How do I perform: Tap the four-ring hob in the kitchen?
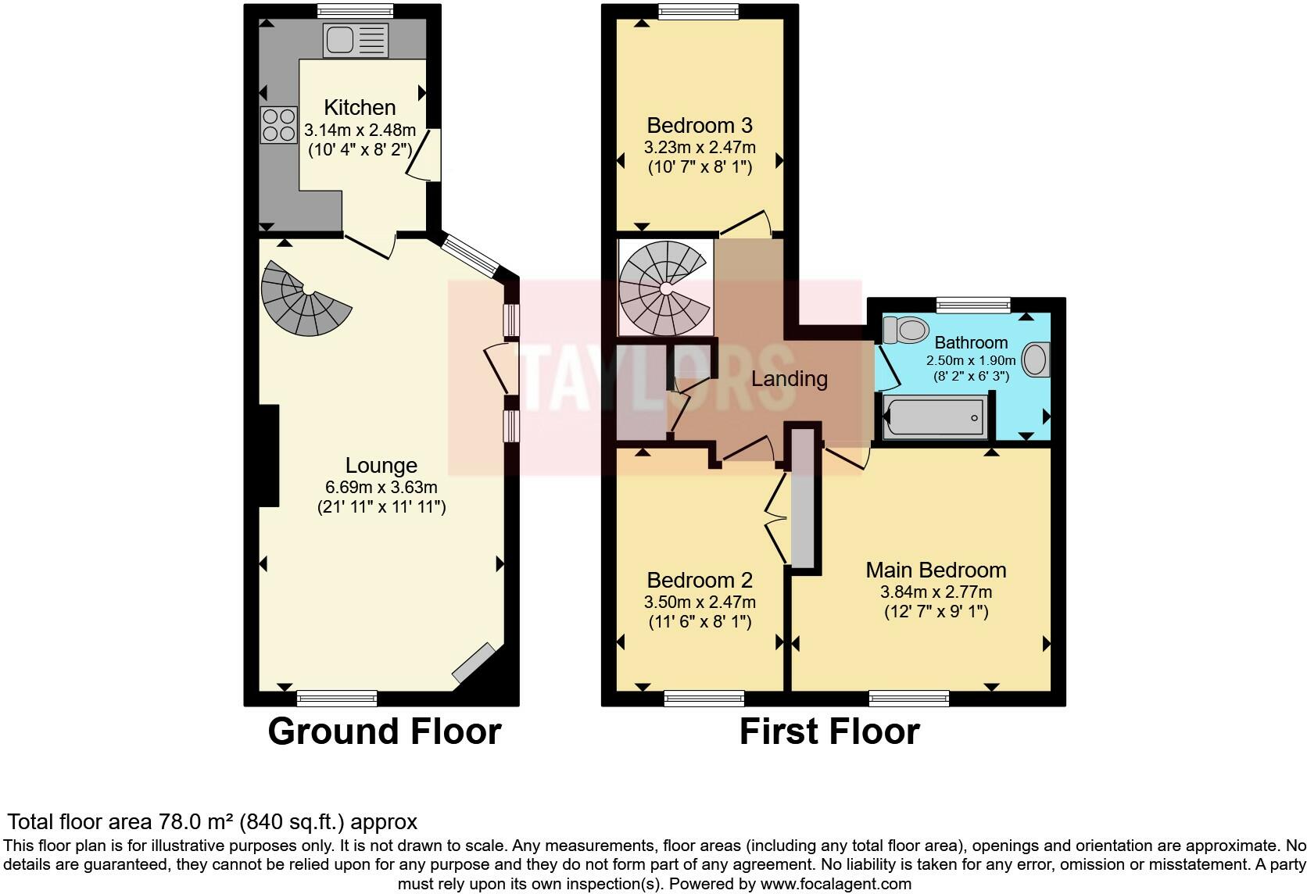[278, 124]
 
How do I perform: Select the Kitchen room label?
[360, 107]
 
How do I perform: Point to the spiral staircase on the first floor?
[664, 288]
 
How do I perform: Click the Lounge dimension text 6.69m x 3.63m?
[381, 487]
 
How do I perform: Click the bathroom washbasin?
[1036, 359]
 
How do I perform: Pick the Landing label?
[789, 379]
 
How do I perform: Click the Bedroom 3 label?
[700, 125]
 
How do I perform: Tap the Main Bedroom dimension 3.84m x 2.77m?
[936, 592]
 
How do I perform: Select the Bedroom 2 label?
[700, 580]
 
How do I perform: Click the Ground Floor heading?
[384, 731]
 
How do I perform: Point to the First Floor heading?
[829, 731]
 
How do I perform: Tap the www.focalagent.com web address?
[835, 884]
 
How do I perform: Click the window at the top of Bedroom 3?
[698, 11]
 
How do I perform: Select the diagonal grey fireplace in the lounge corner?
[474, 662]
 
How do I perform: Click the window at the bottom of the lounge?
[337, 698]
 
